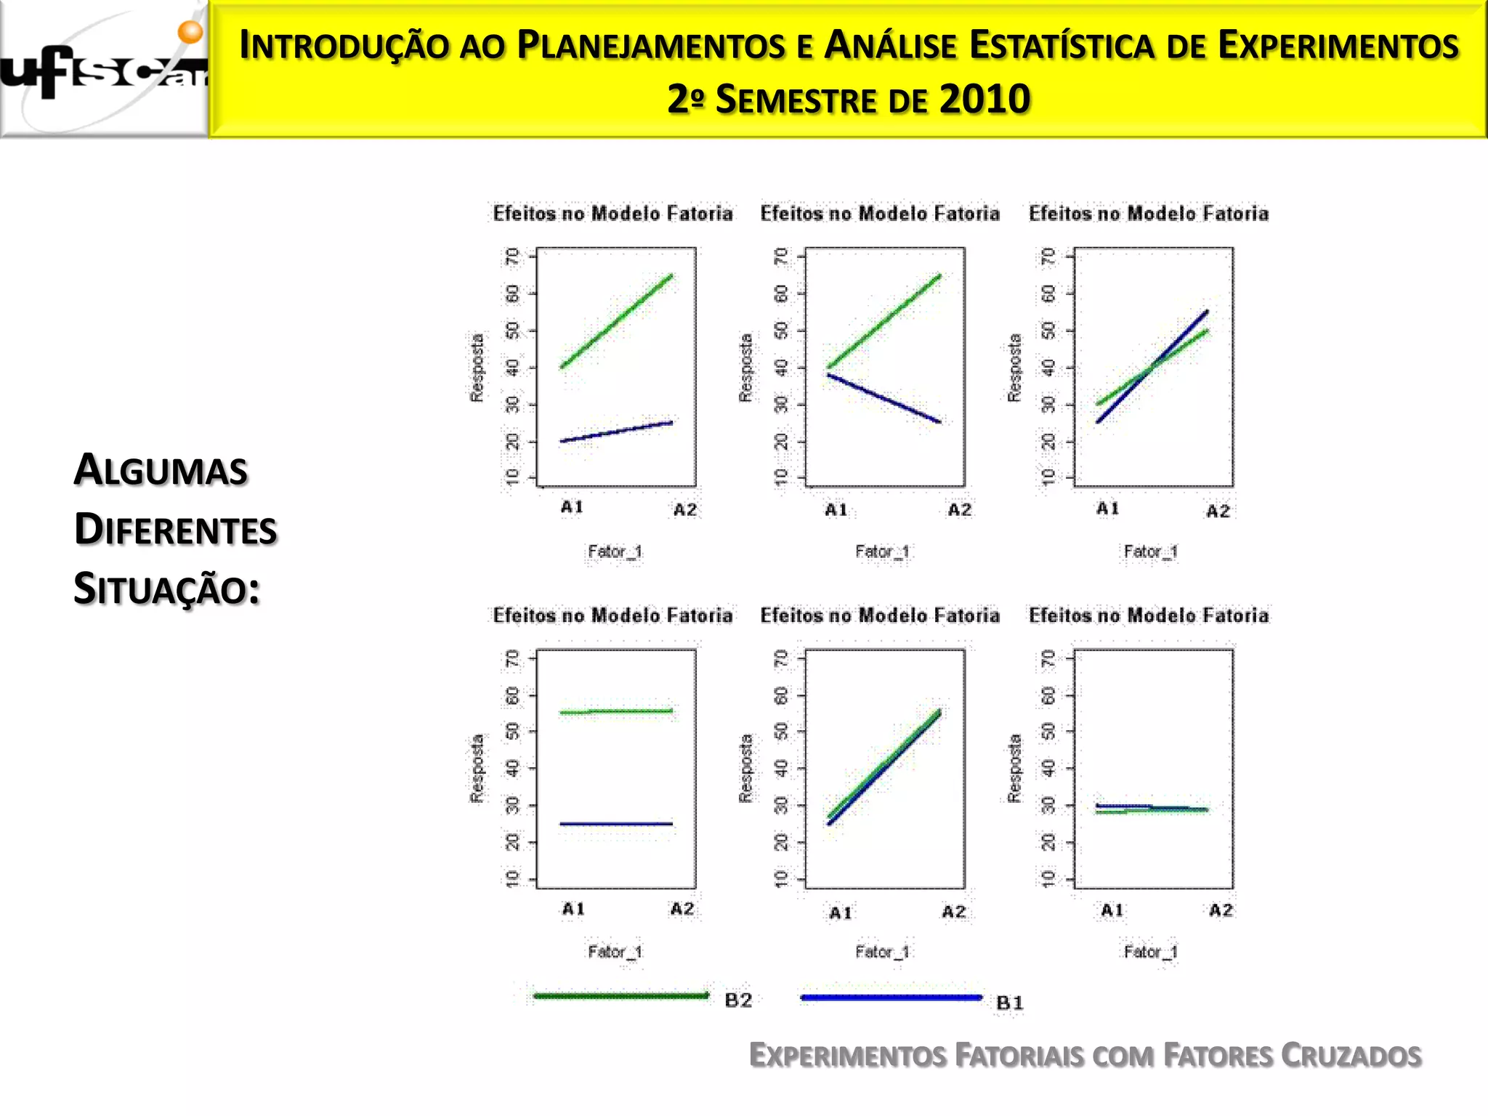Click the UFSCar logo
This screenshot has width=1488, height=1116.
(104, 70)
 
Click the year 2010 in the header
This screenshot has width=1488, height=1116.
(984, 100)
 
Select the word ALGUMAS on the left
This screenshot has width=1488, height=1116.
(161, 469)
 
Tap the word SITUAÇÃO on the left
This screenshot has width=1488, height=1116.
(166, 589)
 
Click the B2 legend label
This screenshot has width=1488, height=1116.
(738, 1000)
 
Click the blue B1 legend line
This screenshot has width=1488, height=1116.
(891, 998)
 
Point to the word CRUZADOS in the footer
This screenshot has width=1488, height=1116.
(1351, 1056)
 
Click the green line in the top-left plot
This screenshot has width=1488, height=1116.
(616, 321)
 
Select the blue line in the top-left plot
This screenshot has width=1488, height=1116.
(616, 432)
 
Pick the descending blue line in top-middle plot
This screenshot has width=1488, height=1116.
(884, 398)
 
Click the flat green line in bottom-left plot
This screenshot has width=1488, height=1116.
(616, 711)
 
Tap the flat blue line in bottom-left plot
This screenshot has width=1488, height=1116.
(616, 824)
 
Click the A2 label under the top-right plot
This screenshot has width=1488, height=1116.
(1218, 511)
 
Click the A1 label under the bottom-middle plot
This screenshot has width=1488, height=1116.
(841, 913)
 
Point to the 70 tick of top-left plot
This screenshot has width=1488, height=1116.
(514, 256)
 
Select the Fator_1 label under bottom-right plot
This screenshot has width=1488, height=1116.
(1151, 952)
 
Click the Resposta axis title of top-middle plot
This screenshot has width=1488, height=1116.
(745, 368)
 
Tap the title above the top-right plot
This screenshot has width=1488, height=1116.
(1149, 214)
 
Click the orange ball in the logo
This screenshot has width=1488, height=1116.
(190, 31)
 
